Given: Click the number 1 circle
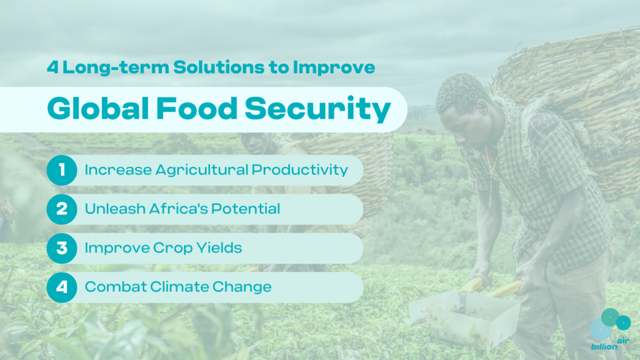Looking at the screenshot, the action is tap(62, 170).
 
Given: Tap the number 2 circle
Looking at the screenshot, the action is tap(62, 209).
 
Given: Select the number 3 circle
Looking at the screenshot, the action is tap(62, 248).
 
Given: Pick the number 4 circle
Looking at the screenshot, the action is tap(62, 287).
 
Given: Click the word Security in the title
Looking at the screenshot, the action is tap(318, 109).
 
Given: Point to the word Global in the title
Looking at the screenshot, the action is tap(98, 108).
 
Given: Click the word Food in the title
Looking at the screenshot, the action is tap(197, 108).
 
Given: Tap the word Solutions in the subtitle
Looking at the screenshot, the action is tap(219, 67).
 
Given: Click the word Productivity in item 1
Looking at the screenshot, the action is tap(299, 170).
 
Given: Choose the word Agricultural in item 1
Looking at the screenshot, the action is tap(202, 170).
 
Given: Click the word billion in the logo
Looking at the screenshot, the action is tap(604, 346).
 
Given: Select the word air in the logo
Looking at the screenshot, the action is tap(623, 341).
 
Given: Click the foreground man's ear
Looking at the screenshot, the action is tap(482, 107).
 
